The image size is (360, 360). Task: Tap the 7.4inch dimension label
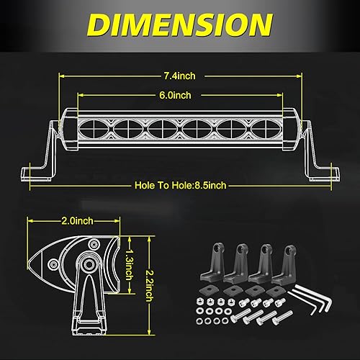180,76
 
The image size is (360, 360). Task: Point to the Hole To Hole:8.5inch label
180,185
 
